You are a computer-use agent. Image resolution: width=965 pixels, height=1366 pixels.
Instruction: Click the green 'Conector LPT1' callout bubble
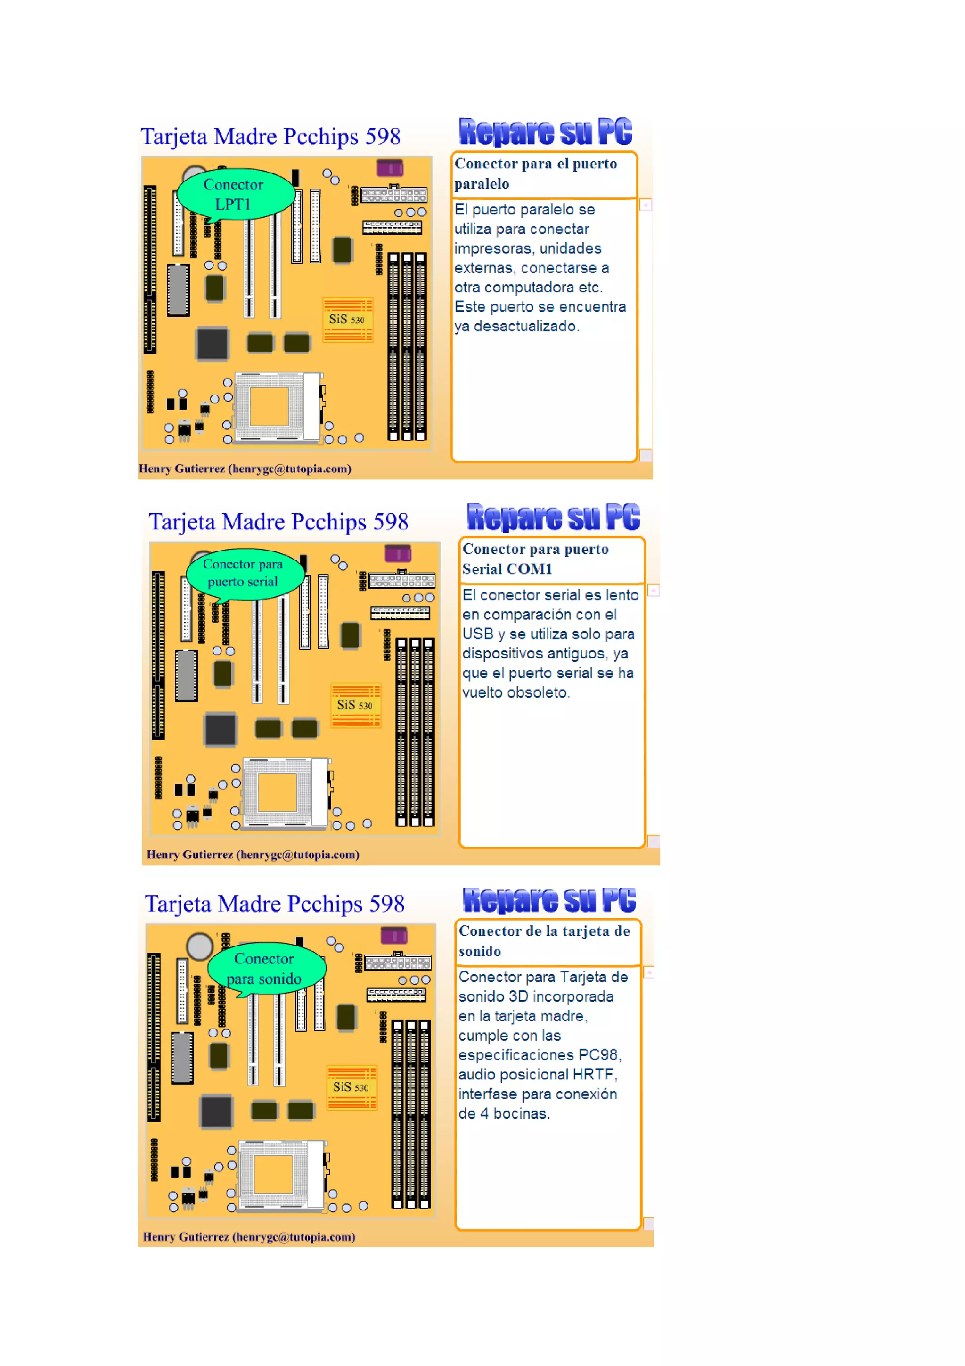point(236,194)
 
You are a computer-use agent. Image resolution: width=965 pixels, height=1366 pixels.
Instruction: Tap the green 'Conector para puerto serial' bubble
point(245,573)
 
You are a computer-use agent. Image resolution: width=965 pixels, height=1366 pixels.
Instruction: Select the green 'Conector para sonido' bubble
point(266,968)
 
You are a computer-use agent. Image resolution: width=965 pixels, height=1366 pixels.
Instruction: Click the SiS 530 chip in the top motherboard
point(347,320)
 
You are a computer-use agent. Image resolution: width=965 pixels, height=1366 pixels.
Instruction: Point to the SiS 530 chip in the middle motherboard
point(355,706)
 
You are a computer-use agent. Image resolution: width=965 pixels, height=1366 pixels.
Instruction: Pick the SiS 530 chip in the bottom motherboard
point(351,1087)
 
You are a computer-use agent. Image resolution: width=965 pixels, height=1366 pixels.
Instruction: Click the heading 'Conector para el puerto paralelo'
point(535,174)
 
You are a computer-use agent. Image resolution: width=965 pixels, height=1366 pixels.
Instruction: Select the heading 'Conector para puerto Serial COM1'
point(535,559)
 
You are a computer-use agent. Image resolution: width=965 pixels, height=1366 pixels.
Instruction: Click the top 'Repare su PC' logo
point(545,132)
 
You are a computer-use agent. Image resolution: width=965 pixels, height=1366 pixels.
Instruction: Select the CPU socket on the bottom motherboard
point(281,1175)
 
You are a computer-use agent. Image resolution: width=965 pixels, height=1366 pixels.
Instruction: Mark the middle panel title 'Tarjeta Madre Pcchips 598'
point(278,522)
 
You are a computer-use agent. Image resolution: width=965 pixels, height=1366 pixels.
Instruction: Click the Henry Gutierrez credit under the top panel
point(245,469)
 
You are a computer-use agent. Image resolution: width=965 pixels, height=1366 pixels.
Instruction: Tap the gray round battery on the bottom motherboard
point(199,946)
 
